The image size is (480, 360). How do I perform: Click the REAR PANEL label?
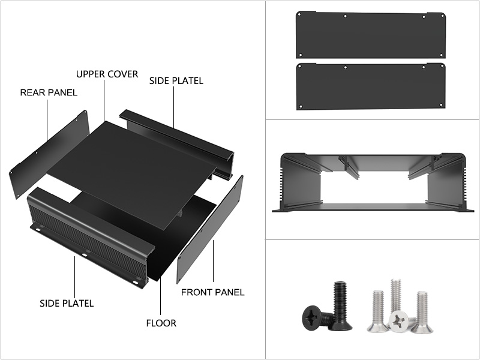pyautogui.click(x=49, y=92)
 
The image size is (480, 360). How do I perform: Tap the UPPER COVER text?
pyautogui.click(x=107, y=74)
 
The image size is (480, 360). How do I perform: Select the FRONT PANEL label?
pyautogui.click(x=213, y=292)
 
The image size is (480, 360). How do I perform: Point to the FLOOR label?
pyautogui.click(x=161, y=323)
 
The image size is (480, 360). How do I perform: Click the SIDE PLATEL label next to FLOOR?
pyautogui.click(x=67, y=304)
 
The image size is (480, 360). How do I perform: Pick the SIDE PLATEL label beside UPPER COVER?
pyautogui.click(x=176, y=81)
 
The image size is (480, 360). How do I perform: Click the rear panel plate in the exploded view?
pyautogui.click(x=49, y=154)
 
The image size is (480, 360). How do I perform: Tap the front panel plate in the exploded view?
pyautogui.click(x=210, y=230)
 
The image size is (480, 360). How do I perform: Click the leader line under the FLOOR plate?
pyautogui.click(x=160, y=297)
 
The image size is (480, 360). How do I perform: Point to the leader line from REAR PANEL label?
pyautogui.click(x=47, y=120)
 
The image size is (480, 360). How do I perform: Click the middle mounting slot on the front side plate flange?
pyautogui.click(x=85, y=254)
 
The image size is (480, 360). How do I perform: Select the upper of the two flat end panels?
pyautogui.click(x=371, y=35)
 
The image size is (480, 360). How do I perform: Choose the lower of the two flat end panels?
pyautogui.click(x=371, y=86)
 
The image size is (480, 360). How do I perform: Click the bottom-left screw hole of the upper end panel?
pyautogui.click(x=301, y=55)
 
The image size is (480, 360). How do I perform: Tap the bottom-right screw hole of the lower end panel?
pyautogui.click(x=441, y=105)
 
